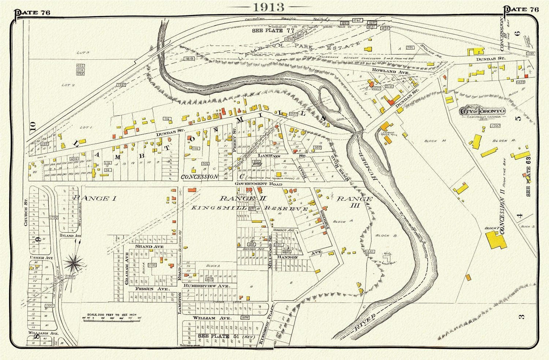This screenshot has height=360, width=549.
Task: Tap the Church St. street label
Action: pyautogui.click(x=26, y=216)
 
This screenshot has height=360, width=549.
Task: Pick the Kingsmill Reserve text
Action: pyautogui.click(x=249, y=208)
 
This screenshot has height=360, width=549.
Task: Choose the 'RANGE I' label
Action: pyautogui.click(x=94, y=198)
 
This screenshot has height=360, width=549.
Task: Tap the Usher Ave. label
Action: pyautogui.click(x=41, y=258)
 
